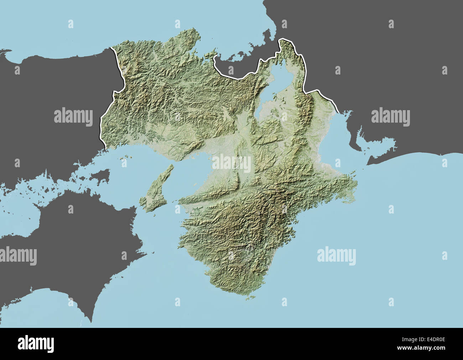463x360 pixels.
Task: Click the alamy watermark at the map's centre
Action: tap(231, 162)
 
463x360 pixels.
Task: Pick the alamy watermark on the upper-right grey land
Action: tap(390, 117)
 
